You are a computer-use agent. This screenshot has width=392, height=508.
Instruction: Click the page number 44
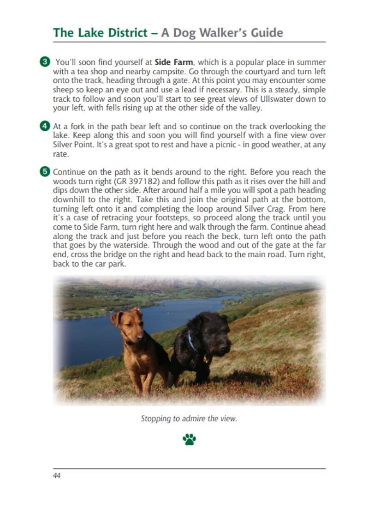pyautogui.click(x=57, y=476)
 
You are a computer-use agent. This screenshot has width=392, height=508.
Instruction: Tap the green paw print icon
pyautogui.click(x=190, y=439)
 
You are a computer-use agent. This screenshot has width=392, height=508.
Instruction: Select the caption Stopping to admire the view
pyautogui.click(x=189, y=419)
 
